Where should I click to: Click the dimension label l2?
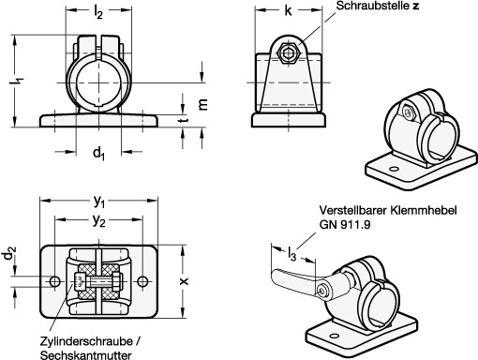point(98,13)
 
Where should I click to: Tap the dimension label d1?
point(98,154)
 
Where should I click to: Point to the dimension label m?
point(202,104)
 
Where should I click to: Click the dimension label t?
point(184,119)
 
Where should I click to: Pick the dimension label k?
point(288,10)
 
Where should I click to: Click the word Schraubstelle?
point(373,6)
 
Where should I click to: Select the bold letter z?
point(415,6)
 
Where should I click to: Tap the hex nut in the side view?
point(289,53)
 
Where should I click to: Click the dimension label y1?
point(99,202)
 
